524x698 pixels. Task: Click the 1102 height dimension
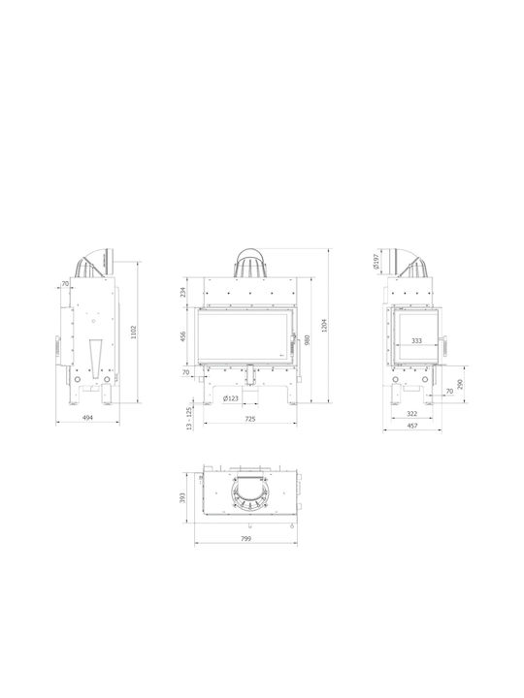point(134,333)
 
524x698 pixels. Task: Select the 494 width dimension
point(88,418)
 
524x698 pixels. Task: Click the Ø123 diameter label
point(231,398)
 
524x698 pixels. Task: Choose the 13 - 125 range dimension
point(189,418)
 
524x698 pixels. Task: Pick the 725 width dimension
point(250,419)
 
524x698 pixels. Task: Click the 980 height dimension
point(307,339)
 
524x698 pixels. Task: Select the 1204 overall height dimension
point(324,326)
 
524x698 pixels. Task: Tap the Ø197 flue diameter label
point(376,262)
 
